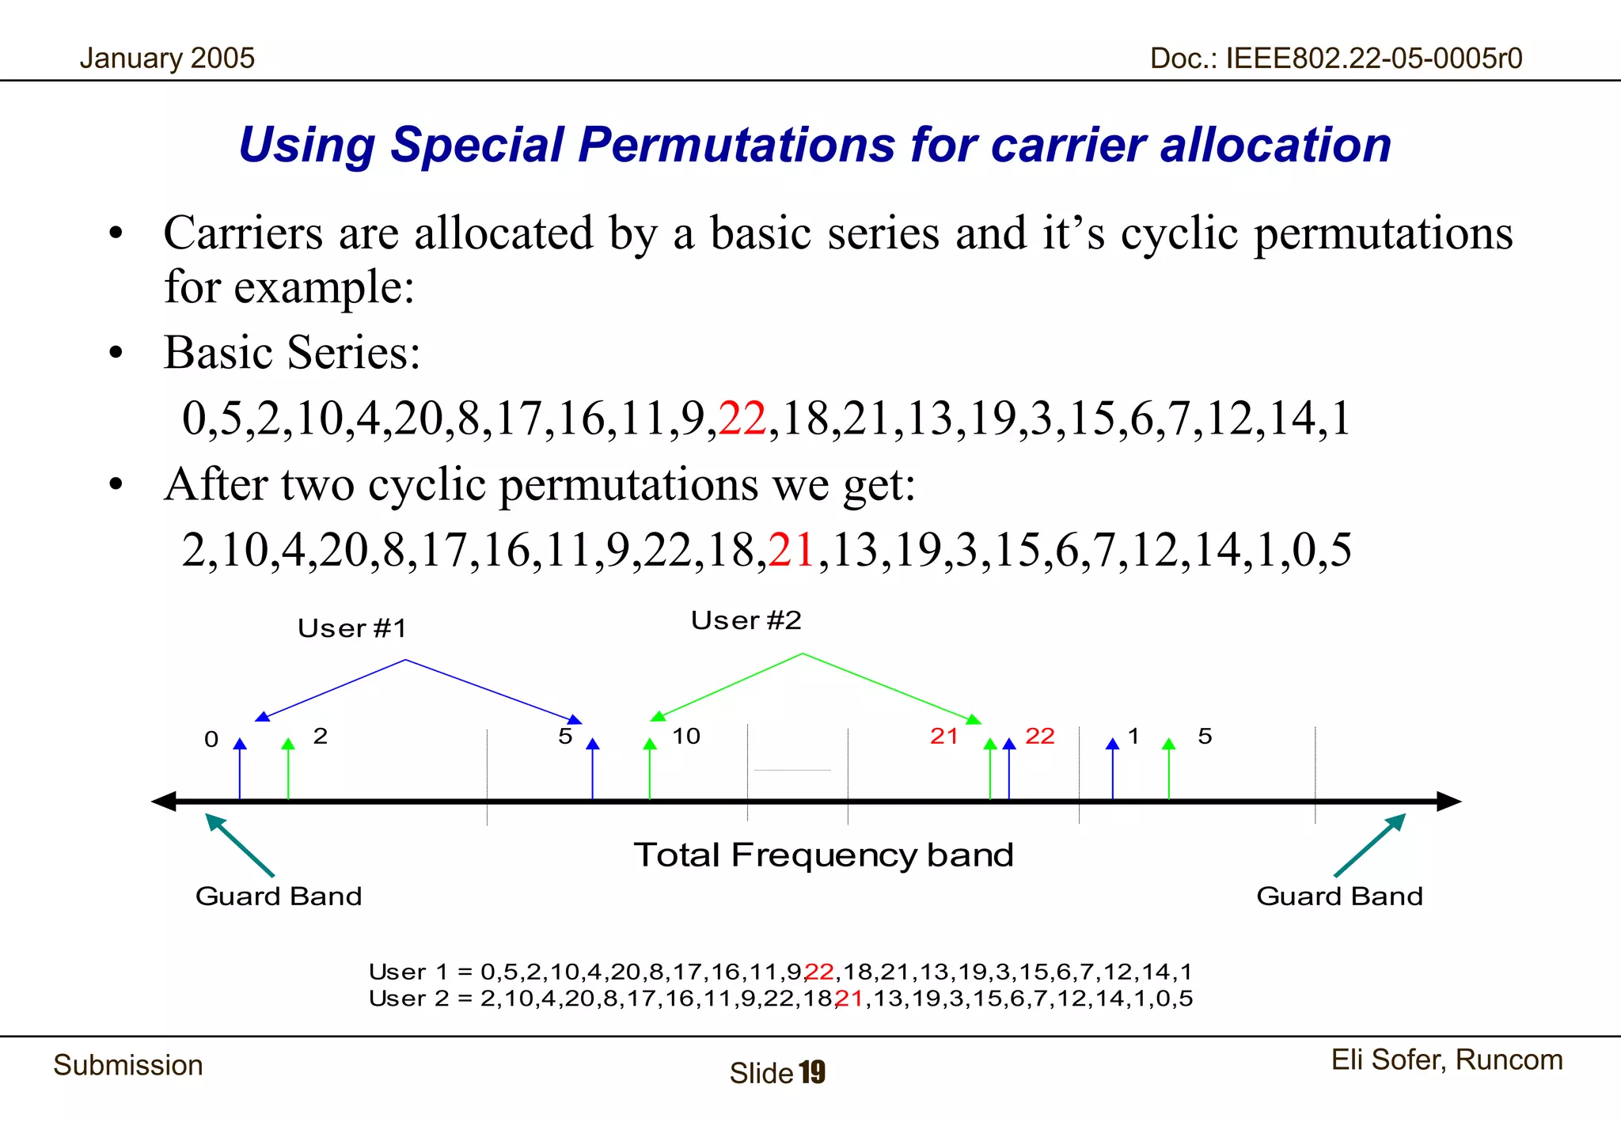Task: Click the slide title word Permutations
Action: [x=736, y=146]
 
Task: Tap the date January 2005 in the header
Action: [x=167, y=59]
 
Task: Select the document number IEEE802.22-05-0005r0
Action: [x=1374, y=59]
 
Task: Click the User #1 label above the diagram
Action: [x=352, y=628]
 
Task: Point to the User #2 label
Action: [x=746, y=620]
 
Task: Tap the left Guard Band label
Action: [x=279, y=896]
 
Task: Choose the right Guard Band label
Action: [x=1339, y=896]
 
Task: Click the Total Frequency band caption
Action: [x=823, y=855]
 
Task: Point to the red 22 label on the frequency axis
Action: [x=1039, y=736]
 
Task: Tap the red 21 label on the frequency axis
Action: [x=943, y=736]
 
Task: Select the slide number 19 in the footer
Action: [x=812, y=1073]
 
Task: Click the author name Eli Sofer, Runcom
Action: [x=1447, y=1060]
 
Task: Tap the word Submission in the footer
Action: [x=128, y=1066]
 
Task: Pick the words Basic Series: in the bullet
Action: [x=291, y=352]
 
